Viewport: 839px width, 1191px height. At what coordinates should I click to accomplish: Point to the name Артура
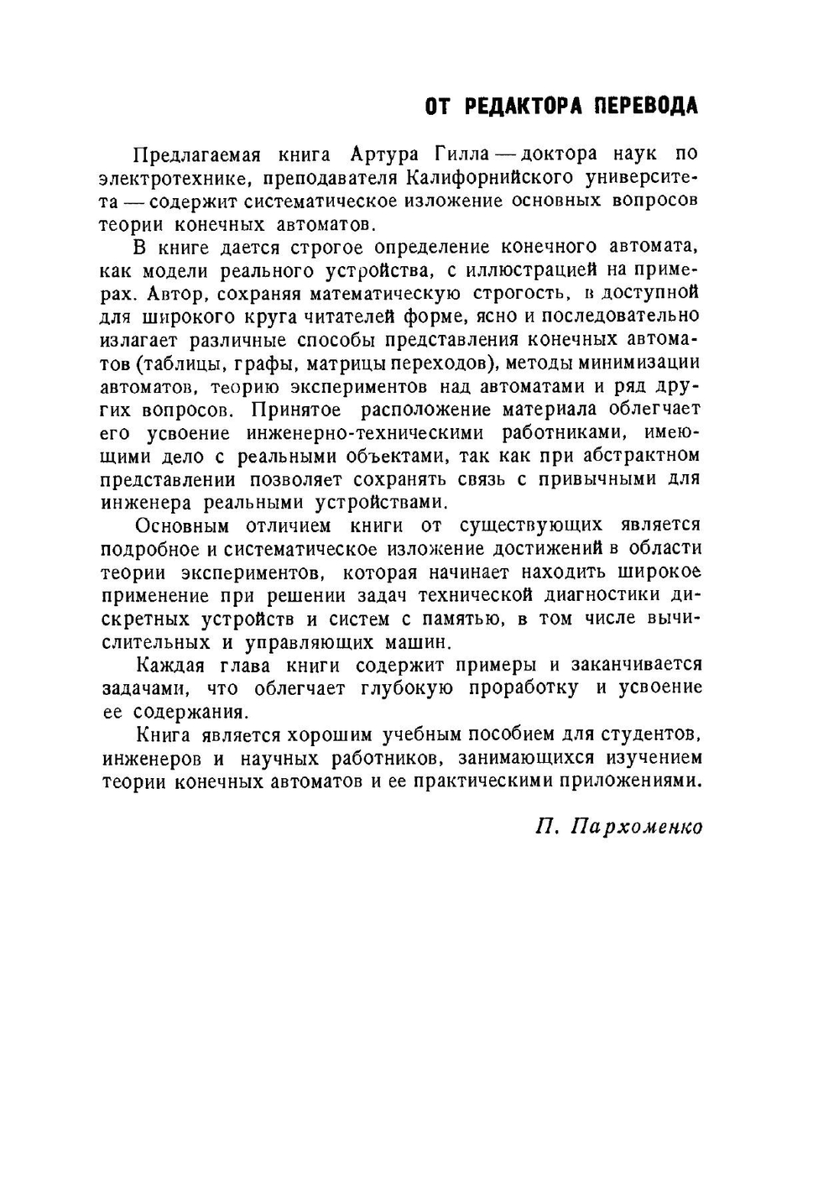[384, 154]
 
